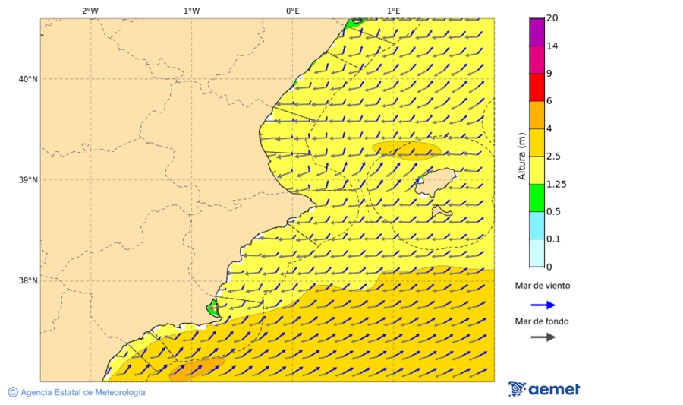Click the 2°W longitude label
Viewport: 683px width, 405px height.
coord(90,11)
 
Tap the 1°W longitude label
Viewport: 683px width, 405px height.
coord(191,11)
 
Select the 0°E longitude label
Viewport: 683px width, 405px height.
coord(292,11)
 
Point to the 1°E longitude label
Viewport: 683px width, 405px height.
coord(394,11)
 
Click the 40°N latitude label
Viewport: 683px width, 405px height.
coord(28,79)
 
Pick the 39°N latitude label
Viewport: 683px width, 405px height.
coord(28,180)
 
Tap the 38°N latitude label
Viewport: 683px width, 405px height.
coord(28,281)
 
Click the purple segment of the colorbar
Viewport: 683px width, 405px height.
coord(537,31)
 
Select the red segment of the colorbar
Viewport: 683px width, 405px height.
coord(537,87)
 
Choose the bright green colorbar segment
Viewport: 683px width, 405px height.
coord(537,198)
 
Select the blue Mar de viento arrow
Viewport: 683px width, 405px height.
coord(543,305)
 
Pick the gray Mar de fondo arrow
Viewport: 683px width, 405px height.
coord(543,337)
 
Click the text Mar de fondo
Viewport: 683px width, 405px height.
coord(542,321)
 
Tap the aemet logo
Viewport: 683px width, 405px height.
coord(544,389)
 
